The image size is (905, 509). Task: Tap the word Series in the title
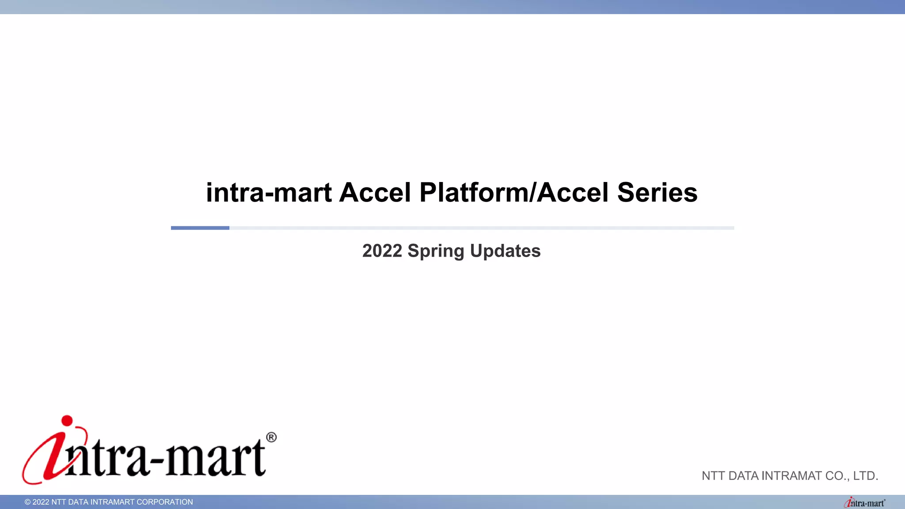[657, 193]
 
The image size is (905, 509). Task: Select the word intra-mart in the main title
[269, 193]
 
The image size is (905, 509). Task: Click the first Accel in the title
[375, 193]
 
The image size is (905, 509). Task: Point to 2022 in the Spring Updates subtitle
[382, 251]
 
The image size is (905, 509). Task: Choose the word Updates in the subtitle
[505, 251]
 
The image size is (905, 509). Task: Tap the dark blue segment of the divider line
[200, 228]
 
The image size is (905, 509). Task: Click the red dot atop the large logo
[67, 421]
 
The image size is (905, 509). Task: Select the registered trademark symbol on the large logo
[271, 437]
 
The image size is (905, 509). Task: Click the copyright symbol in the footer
[27, 502]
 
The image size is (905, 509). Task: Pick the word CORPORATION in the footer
[165, 502]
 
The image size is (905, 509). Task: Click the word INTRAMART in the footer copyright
[112, 502]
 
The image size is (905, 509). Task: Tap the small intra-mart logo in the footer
[864, 503]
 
